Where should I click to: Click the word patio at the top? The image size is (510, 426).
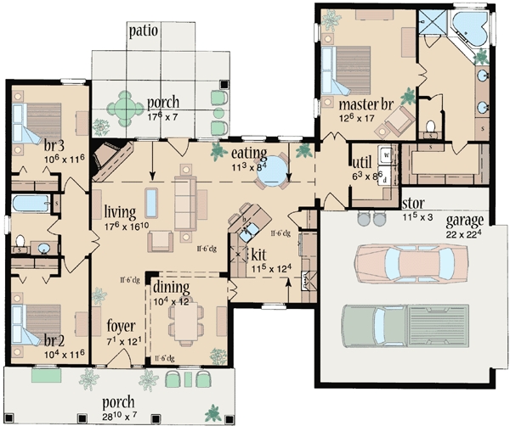coord(146,31)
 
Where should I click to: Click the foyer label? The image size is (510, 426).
coord(121,324)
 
